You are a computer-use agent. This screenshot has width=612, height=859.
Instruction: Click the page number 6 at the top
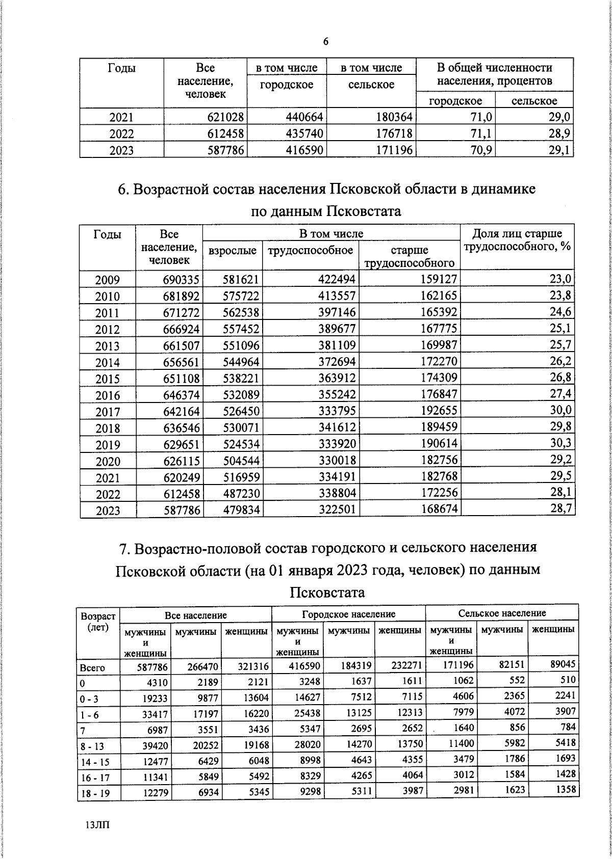pos(326,42)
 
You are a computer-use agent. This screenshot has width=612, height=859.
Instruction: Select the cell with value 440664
pos(304,117)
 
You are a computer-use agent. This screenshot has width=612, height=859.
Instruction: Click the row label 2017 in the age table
pos(107,412)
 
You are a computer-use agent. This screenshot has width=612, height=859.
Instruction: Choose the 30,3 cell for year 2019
pos(561,443)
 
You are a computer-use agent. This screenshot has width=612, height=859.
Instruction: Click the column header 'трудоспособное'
pos(310,250)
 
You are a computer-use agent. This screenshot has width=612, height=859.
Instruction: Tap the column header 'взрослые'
pos(233,251)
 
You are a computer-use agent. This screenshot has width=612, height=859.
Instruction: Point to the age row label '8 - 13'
pos(92,746)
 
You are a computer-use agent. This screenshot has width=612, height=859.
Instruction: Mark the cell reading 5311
pos(362,791)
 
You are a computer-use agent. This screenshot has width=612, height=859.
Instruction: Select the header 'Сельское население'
pos(502,613)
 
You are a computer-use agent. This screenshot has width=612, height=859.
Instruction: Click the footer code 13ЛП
pos(98,825)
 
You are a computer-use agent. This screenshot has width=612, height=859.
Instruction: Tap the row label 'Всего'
pos(92,667)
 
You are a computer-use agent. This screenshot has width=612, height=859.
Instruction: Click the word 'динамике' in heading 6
pos(503,189)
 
